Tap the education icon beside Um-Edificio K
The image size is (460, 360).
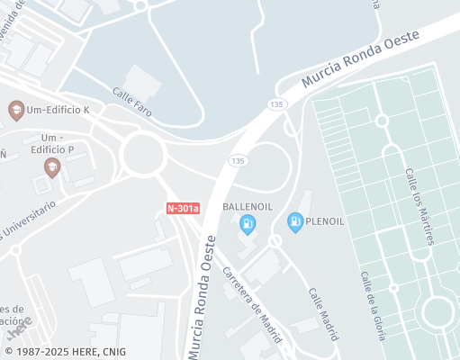(x=16, y=110)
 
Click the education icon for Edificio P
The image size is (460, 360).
(x=52, y=166)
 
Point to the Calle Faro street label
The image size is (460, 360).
(x=131, y=104)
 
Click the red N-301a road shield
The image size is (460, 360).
(x=184, y=208)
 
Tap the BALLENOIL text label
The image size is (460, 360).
(x=248, y=206)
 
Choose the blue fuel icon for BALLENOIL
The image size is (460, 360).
(x=248, y=221)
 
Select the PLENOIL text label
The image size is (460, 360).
(x=324, y=220)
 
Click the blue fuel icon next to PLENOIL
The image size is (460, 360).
(x=294, y=220)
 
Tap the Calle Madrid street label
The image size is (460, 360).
(x=322, y=313)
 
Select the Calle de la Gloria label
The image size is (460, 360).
(x=373, y=305)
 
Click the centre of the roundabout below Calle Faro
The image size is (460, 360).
(x=142, y=154)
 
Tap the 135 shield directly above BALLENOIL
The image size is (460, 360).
(x=238, y=160)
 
